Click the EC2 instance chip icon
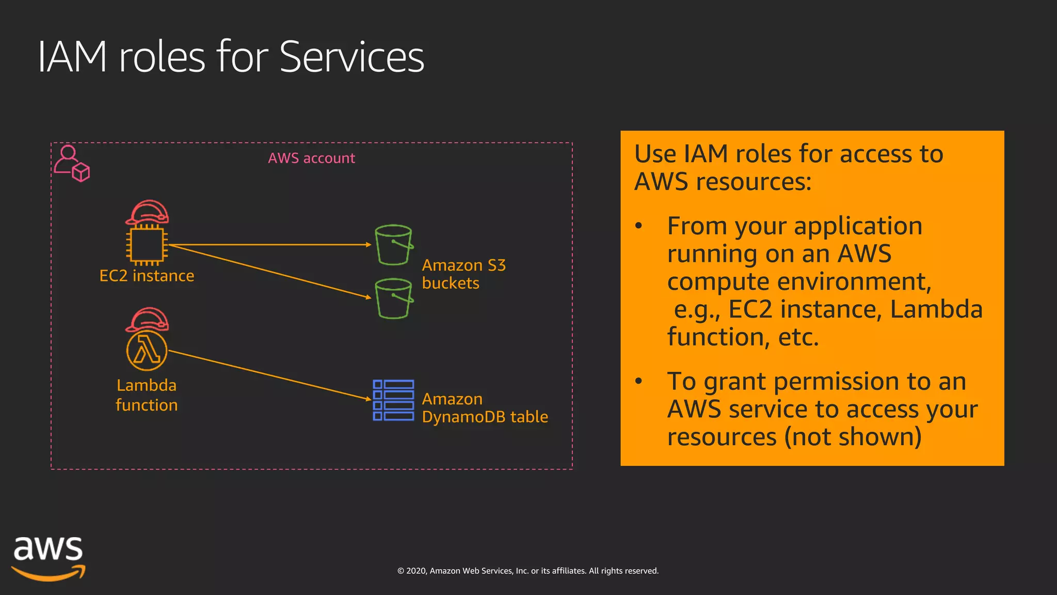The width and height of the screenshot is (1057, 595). coord(147,245)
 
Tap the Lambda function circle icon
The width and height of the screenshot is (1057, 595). coord(147,351)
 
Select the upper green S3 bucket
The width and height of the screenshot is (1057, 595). coord(394,245)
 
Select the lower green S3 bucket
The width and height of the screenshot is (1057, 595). coord(394,299)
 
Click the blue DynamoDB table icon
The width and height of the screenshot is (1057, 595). coord(393,400)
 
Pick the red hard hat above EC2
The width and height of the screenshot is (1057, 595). coord(148,212)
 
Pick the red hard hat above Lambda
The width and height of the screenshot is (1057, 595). coord(148,319)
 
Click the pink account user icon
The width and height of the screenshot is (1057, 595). coord(72,163)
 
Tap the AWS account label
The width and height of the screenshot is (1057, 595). coord(311,158)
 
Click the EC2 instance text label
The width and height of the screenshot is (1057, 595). coord(147,276)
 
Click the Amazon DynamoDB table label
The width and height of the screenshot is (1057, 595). coord(484,408)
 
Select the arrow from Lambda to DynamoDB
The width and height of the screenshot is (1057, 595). coord(268,374)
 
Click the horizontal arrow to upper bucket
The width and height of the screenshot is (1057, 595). coord(268,245)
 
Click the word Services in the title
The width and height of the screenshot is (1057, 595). coord(351,57)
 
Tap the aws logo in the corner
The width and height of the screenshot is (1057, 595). coord(48,558)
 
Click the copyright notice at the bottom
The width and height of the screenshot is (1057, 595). coord(527,571)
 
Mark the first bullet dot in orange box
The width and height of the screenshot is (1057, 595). coord(639,226)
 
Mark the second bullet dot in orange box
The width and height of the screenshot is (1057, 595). coord(639,381)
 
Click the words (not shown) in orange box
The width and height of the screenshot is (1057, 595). coord(853,437)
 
